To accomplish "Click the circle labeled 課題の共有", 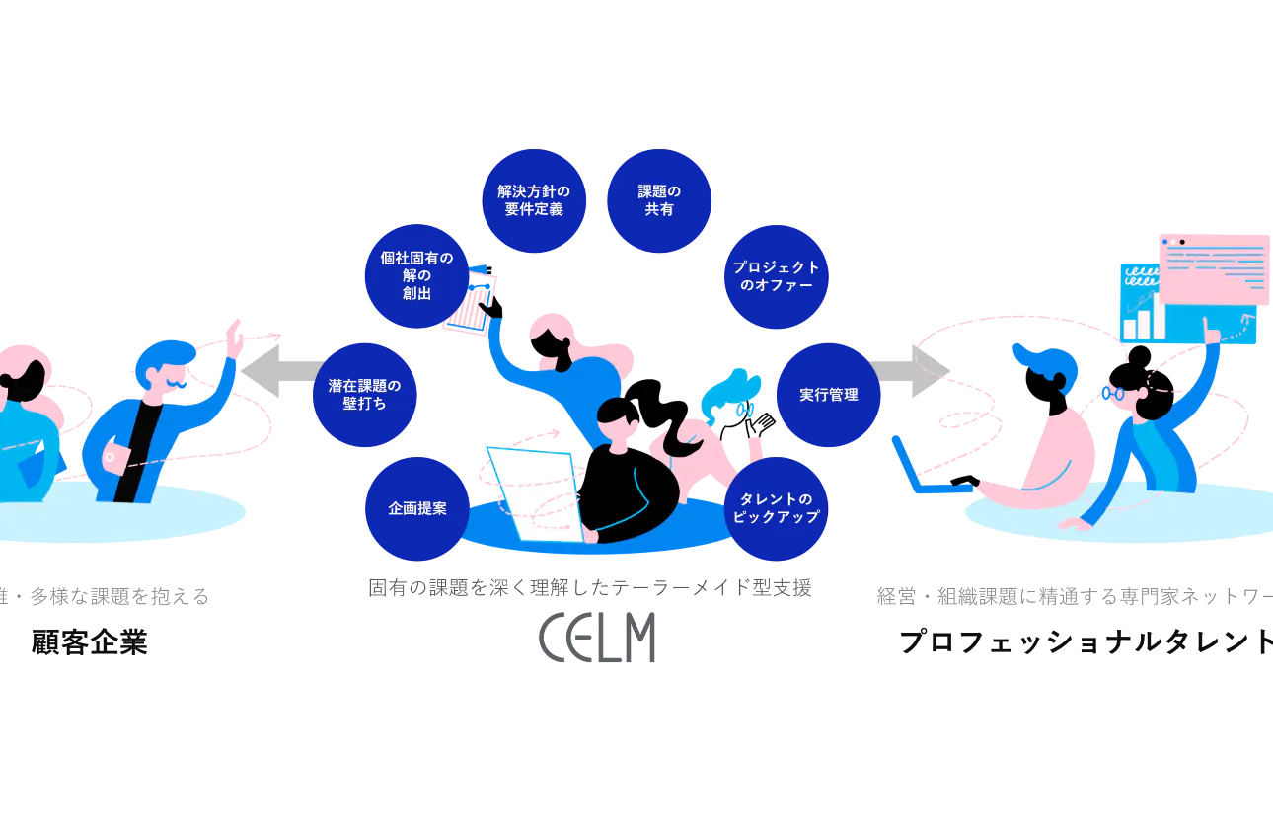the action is pos(659,200).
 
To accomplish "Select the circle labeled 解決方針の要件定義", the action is pos(534,200).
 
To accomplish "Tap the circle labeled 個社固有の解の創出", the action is pos(416,276).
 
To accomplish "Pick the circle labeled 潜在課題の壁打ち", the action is pos(365,395).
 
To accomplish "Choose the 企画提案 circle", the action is pos(417,508).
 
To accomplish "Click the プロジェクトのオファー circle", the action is pos(777,276).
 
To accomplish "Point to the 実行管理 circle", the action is pos(829,395).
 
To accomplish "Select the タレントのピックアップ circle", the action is pos(777,508).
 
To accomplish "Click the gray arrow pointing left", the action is pos(282,371).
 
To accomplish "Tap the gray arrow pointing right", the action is pos(909,371).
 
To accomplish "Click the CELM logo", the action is pos(597,637).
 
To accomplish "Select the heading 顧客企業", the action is pos(89,642).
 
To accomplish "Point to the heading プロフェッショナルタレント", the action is pos(1086,642).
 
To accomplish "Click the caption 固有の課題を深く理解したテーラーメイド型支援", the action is pos(590,588).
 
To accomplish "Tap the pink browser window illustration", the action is pos(1215,269).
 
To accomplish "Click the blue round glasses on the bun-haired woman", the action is pos(1113,393).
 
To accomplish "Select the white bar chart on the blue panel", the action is pos(1144,317).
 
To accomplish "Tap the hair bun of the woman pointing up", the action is pos(1139,357).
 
